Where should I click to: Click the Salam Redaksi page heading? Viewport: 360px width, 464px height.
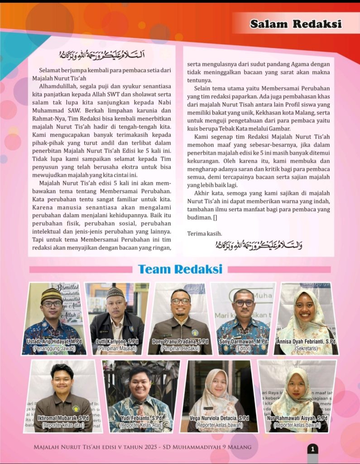296,24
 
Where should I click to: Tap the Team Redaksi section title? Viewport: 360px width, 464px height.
180,269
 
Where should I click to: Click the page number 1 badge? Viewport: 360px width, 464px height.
312,449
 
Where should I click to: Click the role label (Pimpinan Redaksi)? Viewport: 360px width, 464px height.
180,348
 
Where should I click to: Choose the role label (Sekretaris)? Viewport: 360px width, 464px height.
306,348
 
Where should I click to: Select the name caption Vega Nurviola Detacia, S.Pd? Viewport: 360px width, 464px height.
219,418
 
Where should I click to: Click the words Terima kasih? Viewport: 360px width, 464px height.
205,234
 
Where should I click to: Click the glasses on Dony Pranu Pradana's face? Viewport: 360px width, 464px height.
180,301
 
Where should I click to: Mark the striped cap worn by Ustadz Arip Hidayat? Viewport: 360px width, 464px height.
51,295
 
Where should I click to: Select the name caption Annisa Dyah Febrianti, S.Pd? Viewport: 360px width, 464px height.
306,341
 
